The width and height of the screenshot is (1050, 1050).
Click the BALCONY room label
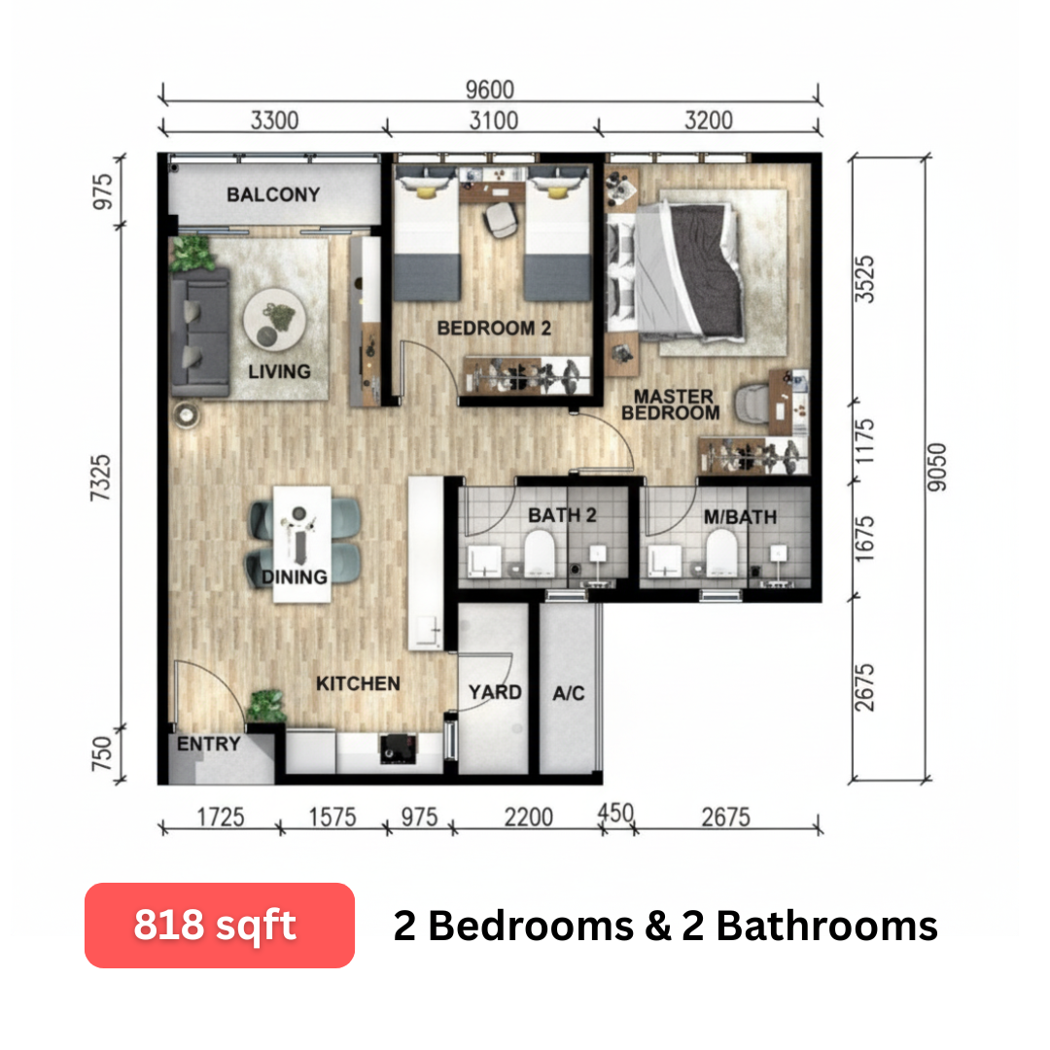click(x=273, y=194)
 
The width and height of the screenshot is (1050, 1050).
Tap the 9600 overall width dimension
click(x=490, y=89)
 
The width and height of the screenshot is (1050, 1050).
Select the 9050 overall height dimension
click(x=937, y=468)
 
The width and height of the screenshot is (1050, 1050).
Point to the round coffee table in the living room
click(x=274, y=319)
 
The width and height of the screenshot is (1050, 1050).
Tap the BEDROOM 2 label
click(x=494, y=329)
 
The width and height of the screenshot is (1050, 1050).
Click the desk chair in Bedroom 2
click(x=501, y=219)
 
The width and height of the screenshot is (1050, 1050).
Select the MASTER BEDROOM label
click(x=671, y=404)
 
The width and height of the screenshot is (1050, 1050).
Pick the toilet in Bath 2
click(x=540, y=552)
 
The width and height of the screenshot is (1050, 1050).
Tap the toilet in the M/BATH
click(x=721, y=552)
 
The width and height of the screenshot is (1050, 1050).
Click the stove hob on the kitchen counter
click(x=398, y=749)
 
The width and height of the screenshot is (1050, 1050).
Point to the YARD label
click(x=495, y=692)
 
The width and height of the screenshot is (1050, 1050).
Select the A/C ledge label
click(x=569, y=693)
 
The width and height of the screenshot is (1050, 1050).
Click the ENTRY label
click(x=208, y=744)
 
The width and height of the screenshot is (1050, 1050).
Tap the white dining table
click(x=302, y=543)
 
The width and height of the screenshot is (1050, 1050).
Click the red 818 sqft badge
click(x=220, y=925)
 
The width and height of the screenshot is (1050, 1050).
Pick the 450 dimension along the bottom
click(x=615, y=813)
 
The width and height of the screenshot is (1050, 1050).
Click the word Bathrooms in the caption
click(x=826, y=926)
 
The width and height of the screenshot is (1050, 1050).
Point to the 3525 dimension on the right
click(x=864, y=279)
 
